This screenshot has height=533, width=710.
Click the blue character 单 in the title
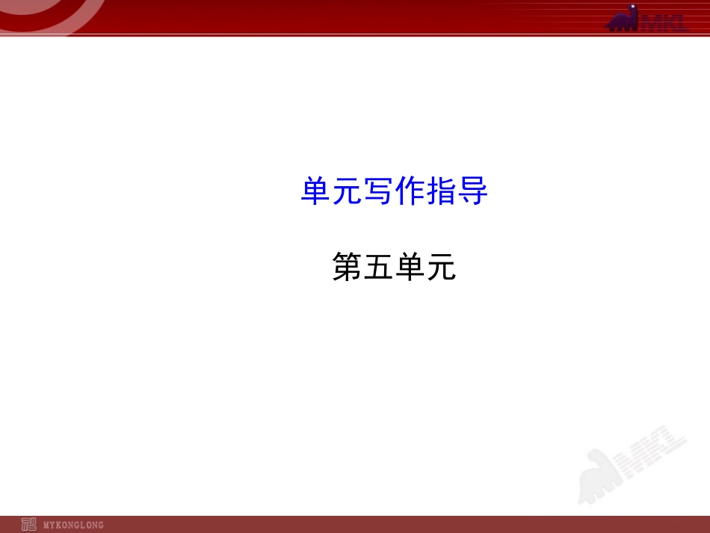click(x=316, y=192)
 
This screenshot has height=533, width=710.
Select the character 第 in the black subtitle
click(x=348, y=267)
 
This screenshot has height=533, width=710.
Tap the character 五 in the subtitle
click(x=379, y=267)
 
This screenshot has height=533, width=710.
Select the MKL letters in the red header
click(x=663, y=23)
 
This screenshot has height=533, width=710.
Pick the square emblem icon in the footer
click(x=29, y=524)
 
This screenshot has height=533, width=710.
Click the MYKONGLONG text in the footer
click(x=73, y=525)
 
